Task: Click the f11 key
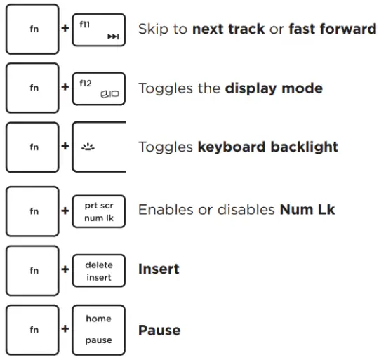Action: (x=99, y=29)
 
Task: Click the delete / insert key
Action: (x=99, y=270)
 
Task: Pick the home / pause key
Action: (x=99, y=330)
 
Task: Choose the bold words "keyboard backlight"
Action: (x=267, y=147)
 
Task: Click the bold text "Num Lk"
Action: (x=307, y=210)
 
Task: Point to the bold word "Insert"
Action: (x=159, y=269)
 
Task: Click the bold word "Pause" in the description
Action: (x=159, y=330)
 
